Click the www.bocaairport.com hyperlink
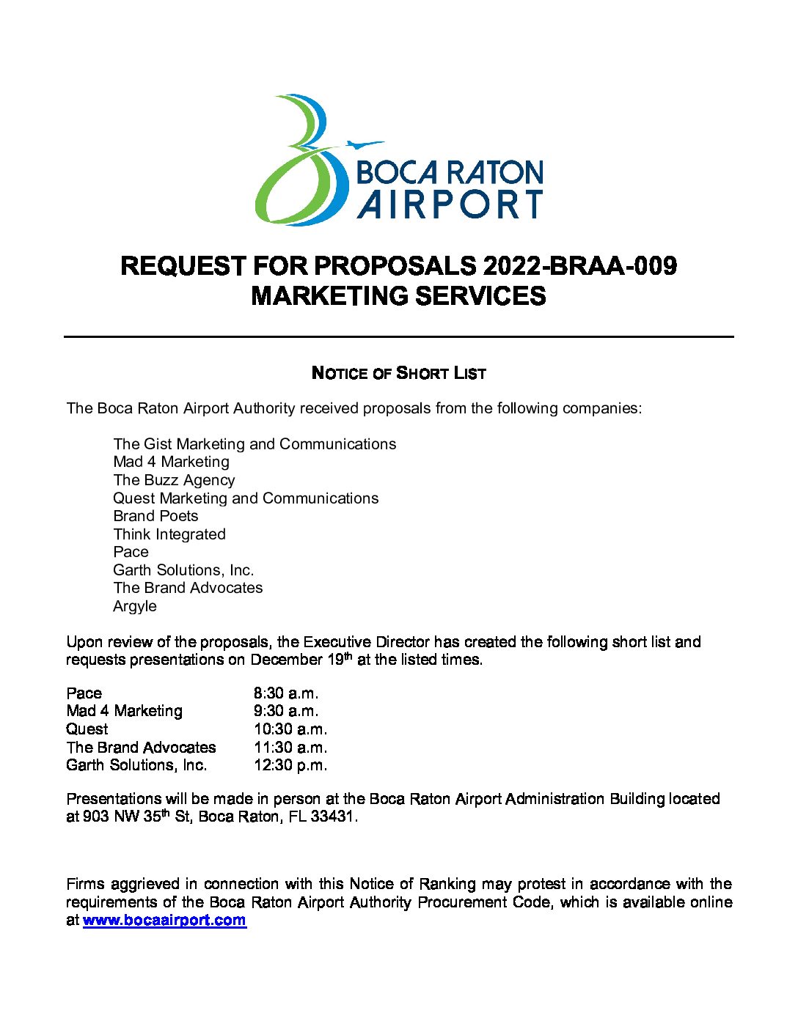coord(164,921)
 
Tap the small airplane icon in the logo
coord(363,144)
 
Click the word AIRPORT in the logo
coord(450,204)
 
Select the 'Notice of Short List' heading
coord(398,373)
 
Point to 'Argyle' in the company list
coord(135,606)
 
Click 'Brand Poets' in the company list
coord(155,516)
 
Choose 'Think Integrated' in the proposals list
coord(169,534)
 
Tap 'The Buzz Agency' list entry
coord(174,480)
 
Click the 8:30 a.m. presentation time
coord(286,693)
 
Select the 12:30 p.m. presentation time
coord(290,765)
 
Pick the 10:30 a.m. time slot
coord(290,729)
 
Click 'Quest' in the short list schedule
coord(87,729)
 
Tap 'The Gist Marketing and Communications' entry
coord(255,444)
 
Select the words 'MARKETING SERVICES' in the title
coord(398,296)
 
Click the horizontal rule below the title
coord(398,336)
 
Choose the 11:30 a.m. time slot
coord(290,748)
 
